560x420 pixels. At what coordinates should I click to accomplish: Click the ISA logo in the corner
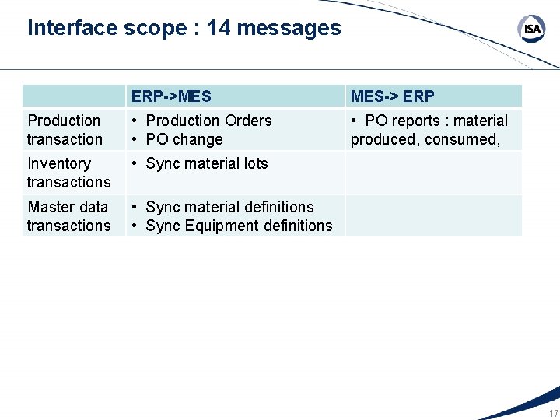click(532, 30)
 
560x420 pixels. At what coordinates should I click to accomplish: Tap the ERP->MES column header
click(171, 96)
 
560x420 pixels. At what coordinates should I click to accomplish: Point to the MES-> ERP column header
click(393, 96)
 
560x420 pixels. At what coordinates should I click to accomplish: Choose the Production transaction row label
click(65, 130)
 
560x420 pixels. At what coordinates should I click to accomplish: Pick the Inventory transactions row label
click(68, 173)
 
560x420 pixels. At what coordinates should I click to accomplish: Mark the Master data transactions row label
click(68, 216)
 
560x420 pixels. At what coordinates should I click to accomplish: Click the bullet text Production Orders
click(208, 121)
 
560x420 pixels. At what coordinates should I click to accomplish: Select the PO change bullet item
click(184, 139)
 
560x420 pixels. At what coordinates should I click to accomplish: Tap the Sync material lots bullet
click(206, 163)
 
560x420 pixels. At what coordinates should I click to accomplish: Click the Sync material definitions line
click(229, 207)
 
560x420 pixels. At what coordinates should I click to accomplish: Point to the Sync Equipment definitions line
click(239, 226)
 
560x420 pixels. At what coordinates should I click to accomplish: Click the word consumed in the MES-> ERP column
click(464, 139)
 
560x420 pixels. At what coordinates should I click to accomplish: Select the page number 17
click(553, 413)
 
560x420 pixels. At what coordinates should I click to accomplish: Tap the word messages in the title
click(289, 28)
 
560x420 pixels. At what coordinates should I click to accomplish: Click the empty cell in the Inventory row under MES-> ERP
click(433, 173)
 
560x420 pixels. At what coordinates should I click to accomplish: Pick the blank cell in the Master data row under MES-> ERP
click(433, 216)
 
